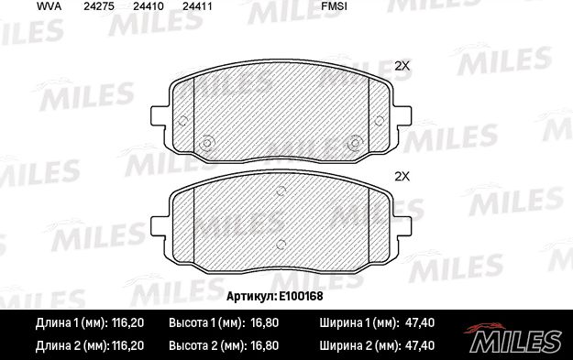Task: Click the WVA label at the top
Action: (23, 6)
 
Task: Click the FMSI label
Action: (335, 6)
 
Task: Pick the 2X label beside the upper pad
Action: (401, 65)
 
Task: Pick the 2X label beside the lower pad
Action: (401, 176)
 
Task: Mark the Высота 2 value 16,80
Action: (261, 345)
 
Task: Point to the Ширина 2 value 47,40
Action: (419, 345)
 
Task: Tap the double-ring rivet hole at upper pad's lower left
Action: (206, 142)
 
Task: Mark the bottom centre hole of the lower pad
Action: (281, 243)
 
